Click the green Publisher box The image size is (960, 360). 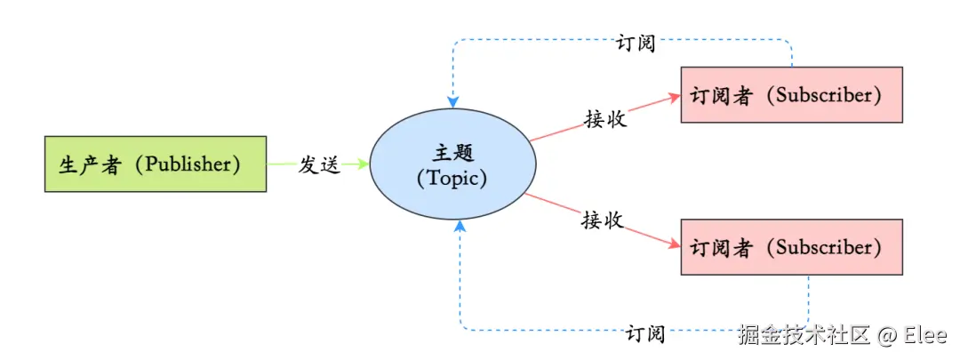156,164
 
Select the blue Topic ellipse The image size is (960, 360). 452,164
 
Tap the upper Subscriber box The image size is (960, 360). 791,94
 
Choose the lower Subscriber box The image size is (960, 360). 791,246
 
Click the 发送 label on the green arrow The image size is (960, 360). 319,164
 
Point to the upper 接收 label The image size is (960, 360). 605,119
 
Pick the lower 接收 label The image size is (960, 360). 602,220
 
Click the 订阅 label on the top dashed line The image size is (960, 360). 636,42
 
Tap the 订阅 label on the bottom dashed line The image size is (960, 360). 644,334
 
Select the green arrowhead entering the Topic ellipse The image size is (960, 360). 362,164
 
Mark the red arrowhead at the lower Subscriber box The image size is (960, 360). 673,244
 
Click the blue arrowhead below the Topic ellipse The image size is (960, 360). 460,228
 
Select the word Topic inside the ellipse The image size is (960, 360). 452,177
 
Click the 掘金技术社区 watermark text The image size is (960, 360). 803,335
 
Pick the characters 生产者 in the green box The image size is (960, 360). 90,164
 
